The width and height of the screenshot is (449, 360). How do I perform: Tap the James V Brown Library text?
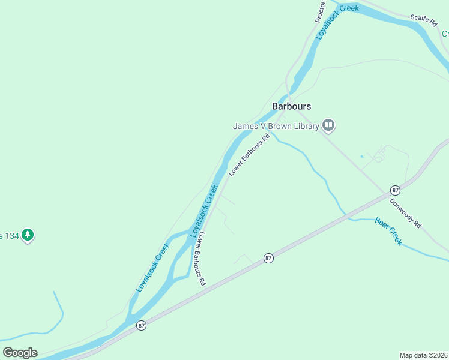tap(276, 126)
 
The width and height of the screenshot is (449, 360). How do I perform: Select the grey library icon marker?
tap(328, 125)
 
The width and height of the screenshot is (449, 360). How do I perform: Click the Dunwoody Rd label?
tap(406, 212)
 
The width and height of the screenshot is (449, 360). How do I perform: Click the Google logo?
tap(20, 353)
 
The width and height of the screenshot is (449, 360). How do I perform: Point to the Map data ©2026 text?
tap(423, 355)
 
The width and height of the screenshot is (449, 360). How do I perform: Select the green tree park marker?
tap(27, 235)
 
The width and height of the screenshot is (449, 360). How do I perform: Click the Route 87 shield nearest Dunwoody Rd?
tap(394, 190)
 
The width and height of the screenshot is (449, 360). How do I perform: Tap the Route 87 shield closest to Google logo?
tap(141, 325)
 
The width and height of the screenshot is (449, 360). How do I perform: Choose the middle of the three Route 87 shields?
tap(268, 258)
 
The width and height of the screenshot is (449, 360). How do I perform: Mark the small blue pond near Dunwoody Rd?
tap(362, 157)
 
